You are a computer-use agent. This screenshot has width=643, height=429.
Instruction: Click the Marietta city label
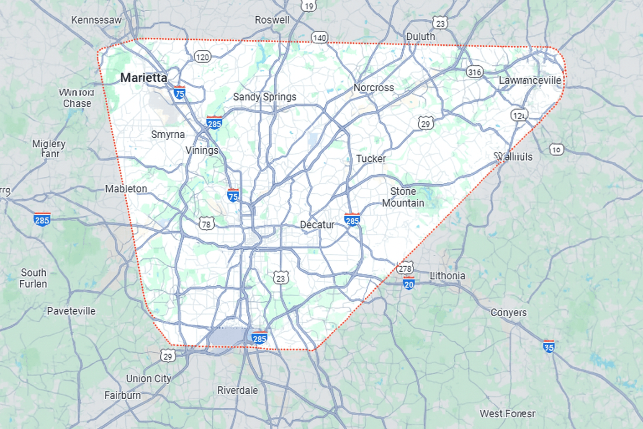[144, 78]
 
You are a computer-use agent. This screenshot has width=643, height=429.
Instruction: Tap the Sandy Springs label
[265, 97]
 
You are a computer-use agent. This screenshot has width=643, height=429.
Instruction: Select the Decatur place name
[317, 225]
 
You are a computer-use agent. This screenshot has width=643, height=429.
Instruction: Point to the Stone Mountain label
[403, 197]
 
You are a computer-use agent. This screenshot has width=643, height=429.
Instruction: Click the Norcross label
[373, 88]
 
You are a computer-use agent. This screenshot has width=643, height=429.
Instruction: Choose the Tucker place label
[371, 159]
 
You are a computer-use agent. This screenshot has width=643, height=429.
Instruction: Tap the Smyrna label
[168, 134]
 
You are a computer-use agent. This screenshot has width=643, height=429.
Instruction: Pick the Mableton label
[126, 189]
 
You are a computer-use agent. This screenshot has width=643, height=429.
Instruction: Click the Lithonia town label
[448, 276]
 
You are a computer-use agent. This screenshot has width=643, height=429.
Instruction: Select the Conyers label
[509, 313]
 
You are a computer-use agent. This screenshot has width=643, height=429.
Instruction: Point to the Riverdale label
[237, 390]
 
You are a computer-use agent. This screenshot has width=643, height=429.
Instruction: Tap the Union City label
[149, 379]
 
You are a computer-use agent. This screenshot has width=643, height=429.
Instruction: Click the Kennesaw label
[96, 20]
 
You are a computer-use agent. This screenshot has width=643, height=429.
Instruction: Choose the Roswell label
[272, 20]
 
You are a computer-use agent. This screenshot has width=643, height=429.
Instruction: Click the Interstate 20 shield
[409, 284]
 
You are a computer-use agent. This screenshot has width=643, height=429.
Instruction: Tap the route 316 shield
[475, 72]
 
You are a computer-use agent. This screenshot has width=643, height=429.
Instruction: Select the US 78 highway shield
[206, 224]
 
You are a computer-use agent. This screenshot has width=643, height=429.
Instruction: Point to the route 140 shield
[319, 38]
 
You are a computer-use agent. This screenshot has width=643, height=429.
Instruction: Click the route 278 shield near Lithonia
[405, 268]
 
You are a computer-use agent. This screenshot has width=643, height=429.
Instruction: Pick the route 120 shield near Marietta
[203, 57]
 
